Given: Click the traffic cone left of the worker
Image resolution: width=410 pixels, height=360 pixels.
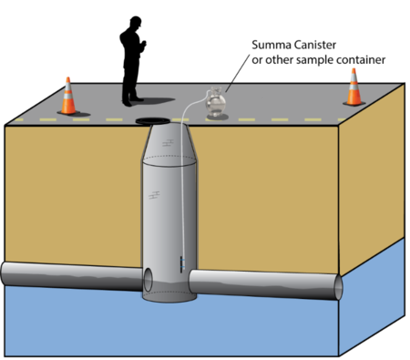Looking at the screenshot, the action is tap(68, 97).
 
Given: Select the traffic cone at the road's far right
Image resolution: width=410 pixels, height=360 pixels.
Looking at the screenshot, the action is tap(354, 87).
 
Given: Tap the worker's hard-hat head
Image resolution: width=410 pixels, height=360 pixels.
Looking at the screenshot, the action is tap(136, 22).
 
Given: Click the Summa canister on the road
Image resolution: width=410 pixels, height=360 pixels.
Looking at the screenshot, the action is tap(216, 102).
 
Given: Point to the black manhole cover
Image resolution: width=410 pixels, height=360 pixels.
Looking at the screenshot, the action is tap(152, 121).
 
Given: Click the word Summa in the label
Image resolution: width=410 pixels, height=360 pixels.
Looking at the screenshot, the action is tap(267, 45).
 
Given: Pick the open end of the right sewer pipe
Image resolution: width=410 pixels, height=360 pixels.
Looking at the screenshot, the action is tap(338, 287).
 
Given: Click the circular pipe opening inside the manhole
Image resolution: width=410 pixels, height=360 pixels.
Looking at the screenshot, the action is tap(148, 280).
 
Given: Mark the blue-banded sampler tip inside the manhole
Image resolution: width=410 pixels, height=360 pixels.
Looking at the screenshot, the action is tap(182, 264).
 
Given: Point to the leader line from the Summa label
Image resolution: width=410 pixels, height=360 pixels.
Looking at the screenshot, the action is tap(238, 73).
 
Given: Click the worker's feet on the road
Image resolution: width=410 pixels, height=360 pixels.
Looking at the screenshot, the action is tap(133, 101).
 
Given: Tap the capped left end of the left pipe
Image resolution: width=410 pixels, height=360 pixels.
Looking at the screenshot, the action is tap(3, 273).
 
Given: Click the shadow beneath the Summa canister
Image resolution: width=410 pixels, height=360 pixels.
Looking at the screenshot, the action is tap(218, 118).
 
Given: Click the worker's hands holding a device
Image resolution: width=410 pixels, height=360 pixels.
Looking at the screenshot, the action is tap(143, 45).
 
